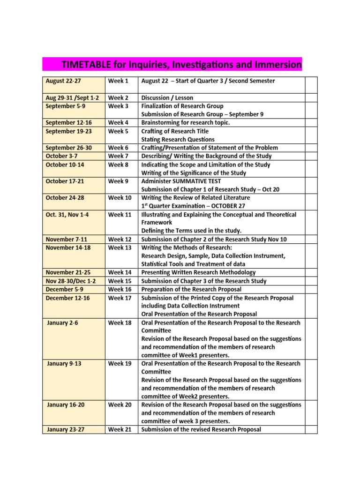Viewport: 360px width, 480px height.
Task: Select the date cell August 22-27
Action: coord(63,81)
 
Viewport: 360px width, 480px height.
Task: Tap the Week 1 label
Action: coord(118,81)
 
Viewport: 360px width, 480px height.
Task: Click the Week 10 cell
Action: coord(120,198)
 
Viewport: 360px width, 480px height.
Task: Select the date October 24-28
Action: coord(65,198)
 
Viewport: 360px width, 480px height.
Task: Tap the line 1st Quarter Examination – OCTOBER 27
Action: coord(193,206)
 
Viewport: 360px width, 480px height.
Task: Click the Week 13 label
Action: coord(120,247)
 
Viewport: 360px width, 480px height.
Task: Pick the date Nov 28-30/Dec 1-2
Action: coord(71,281)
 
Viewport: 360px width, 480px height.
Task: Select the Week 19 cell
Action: coord(120,364)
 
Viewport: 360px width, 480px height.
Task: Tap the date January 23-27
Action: coord(66,429)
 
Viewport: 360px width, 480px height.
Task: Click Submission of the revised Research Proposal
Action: coord(201,429)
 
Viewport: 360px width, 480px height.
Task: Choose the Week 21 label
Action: coord(120,429)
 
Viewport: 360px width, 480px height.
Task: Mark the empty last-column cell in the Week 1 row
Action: coord(311,85)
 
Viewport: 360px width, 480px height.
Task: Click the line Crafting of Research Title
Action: coord(175,131)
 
